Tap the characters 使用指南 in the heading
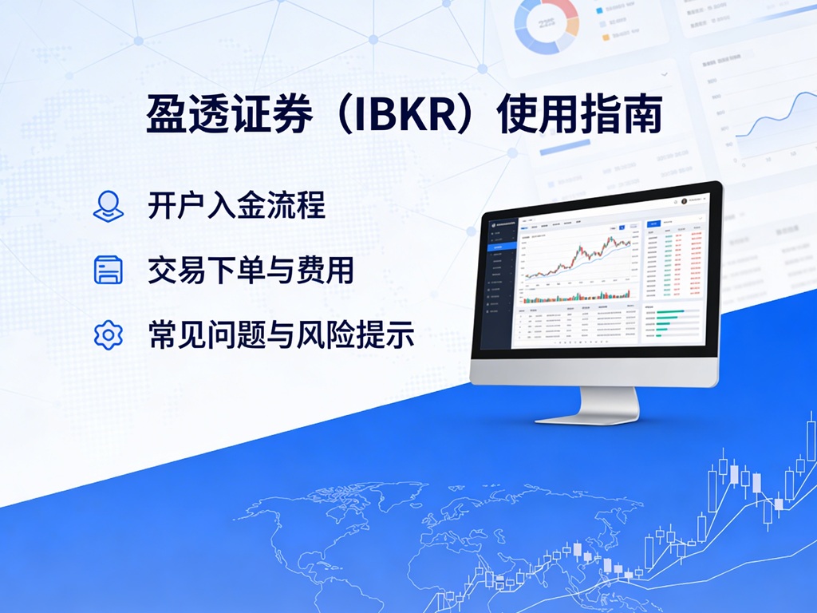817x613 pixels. pyautogui.click(x=580, y=117)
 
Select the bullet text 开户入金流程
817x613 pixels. pyautogui.click(x=236, y=205)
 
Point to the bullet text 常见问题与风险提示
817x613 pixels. pyautogui.click(x=281, y=334)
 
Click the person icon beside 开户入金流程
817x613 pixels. pyautogui.click(x=108, y=205)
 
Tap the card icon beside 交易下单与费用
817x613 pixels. pyautogui.click(x=108, y=270)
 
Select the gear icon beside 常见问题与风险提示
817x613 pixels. pyautogui.click(x=108, y=334)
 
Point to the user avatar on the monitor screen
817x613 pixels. pyautogui.click(x=684, y=200)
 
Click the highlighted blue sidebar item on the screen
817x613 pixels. pyautogui.click(x=501, y=247)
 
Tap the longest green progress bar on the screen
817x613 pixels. pyautogui.click(x=678, y=312)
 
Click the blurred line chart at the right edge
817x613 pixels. pyautogui.click(x=770, y=120)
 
